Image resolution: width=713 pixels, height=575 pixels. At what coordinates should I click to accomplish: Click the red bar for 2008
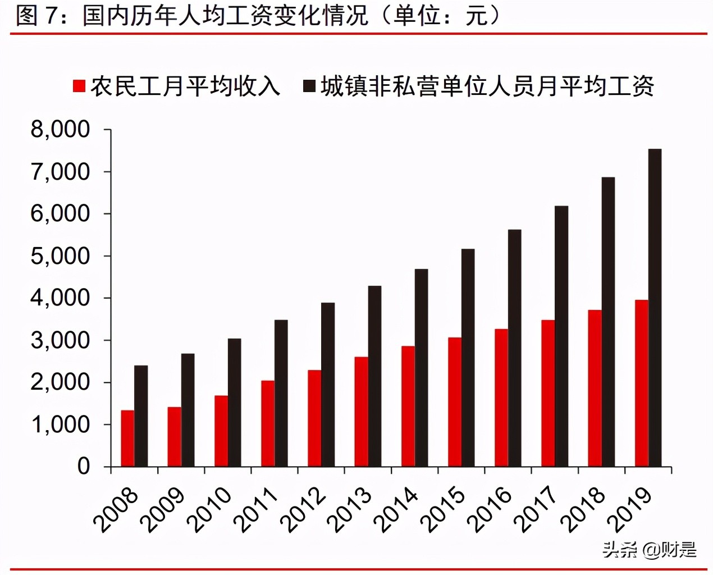coord(127,438)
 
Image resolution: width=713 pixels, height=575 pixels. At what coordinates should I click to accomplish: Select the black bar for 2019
coord(655,308)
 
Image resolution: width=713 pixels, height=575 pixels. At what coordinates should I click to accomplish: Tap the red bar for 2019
coord(641,383)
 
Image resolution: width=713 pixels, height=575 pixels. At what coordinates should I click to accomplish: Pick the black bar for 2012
coord(328,385)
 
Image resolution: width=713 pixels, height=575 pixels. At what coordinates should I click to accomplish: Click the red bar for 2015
coord(454,401)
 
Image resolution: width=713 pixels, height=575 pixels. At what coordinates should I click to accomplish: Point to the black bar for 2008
coord(141,416)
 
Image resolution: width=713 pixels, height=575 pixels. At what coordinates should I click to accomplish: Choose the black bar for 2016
coord(514,348)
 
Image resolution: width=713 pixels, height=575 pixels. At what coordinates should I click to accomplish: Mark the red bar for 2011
coord(268,423)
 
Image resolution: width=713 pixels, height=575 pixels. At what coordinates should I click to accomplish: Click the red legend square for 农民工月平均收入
coord(79,86)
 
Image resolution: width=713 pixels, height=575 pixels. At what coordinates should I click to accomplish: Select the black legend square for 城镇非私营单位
coord(309,86)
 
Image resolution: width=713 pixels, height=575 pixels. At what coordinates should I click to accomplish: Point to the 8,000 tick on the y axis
coord(60,129)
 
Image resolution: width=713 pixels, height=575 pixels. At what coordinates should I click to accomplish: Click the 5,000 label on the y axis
coord(60,256)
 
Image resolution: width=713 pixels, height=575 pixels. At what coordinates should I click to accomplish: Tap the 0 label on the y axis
coord(83,467)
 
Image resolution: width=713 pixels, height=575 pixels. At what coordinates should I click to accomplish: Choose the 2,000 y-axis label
coord(60,382)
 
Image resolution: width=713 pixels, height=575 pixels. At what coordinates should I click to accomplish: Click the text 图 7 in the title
coord(36,15)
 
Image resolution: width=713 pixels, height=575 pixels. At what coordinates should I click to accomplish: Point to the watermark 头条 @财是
coord(650,549)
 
